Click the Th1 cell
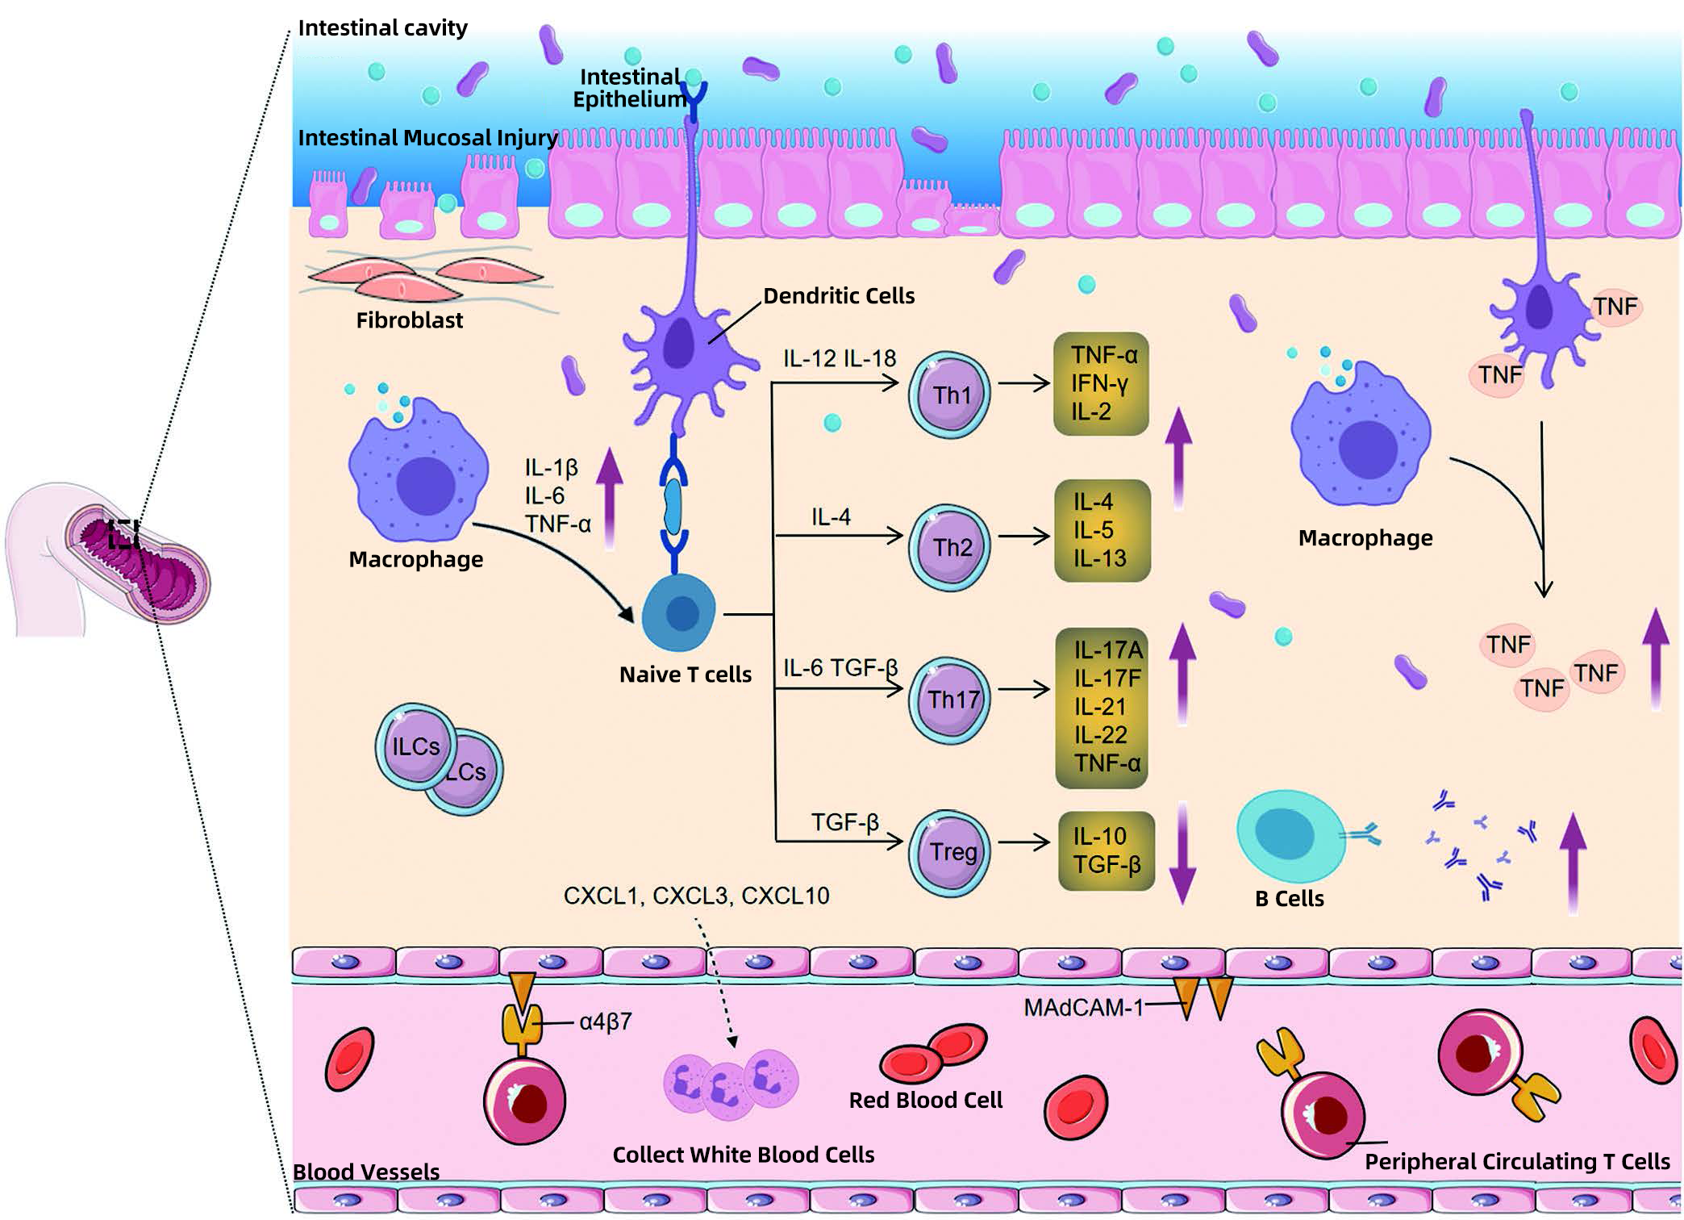point(949,395)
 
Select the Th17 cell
point(949,699)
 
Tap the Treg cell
point(949,852)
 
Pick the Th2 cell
point(949,547)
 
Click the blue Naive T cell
point(679,614)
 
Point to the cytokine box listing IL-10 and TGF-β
point(1106,850)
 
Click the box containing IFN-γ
point(1100,384)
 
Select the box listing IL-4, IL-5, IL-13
point(1102,530)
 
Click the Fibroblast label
point(409,320)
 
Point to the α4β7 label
point(605,1022)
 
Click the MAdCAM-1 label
point(1083,1008)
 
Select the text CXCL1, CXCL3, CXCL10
point(696,896)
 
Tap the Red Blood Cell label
point(925,1100)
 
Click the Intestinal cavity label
point(382,28)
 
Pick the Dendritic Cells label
point(838,296)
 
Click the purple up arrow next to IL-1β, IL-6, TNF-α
point(610,498)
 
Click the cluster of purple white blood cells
point(730,1084)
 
